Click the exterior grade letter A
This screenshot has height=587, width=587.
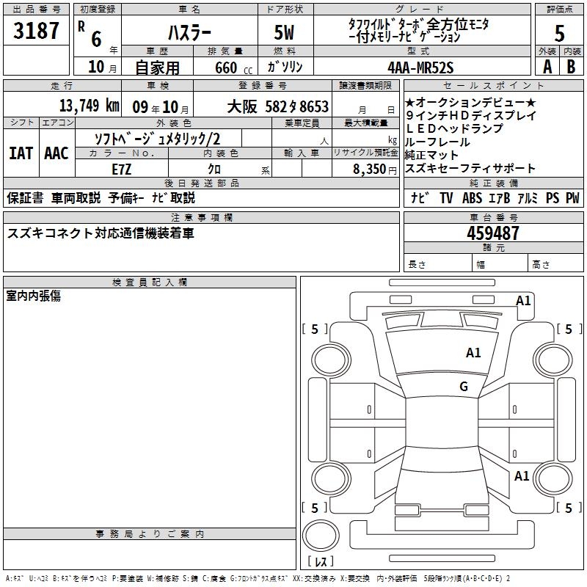click(x=547, y=66)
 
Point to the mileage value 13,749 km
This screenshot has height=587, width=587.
click(x=90, y=105)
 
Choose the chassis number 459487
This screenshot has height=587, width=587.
click(x=492, y=233)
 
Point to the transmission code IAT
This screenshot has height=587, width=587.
click(x=21, y=153)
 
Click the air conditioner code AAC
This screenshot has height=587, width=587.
click(x=56, y=153)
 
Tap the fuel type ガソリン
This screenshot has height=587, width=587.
click(x=285, y=66)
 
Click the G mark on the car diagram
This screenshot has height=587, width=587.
click(x=464, y=387)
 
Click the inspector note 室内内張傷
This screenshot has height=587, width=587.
click(x=33, y=295)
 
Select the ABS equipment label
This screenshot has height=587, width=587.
click(x=471, y=197)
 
